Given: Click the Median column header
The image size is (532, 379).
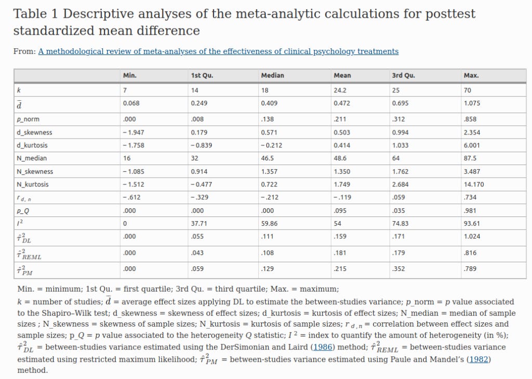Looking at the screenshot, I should (x=273, y=75).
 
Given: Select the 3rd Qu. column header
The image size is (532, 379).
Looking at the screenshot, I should (x=404, y=75).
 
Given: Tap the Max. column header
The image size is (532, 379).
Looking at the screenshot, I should (x=471, y=75).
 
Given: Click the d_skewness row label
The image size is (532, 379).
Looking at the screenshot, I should (x=35, y=132).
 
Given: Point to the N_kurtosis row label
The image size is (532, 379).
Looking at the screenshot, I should (x=33, y=184).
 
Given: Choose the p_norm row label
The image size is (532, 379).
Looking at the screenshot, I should (x=28, y=119).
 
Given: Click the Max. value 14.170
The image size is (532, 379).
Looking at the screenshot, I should (x=474, y=184).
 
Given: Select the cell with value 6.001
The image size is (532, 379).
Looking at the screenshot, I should (x=472, y=145).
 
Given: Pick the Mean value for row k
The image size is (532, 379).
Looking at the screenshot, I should (x=340, y=90).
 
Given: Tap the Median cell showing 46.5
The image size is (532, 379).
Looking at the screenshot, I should (x=268, y=158).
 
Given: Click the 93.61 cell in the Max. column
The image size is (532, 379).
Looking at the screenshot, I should (x=472, y=223).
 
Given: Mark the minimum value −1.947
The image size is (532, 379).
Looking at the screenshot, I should (x=134, y=132).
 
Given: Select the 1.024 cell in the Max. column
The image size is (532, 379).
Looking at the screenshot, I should (x=472, y=237).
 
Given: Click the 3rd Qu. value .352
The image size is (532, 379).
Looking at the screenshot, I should (x=398, y=269).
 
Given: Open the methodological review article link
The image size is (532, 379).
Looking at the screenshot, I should (x=218, y=51).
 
